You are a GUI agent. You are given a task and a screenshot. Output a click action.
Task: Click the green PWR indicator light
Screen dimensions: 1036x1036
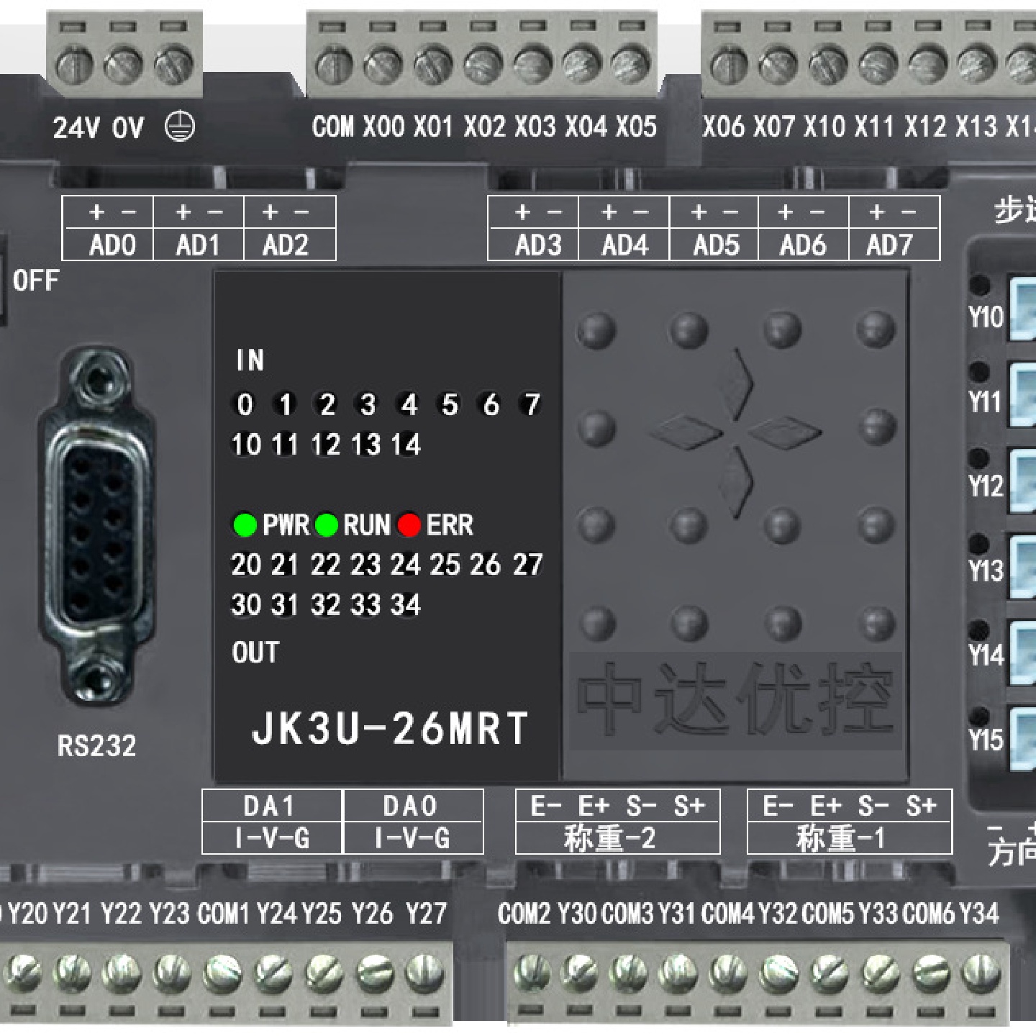pos(245,525)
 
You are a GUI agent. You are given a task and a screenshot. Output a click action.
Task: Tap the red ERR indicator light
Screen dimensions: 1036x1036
pos(409,525)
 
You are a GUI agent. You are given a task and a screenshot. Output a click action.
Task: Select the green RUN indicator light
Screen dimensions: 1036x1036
pos(327,525)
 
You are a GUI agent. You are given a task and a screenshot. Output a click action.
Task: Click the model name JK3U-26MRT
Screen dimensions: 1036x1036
pos(390,728)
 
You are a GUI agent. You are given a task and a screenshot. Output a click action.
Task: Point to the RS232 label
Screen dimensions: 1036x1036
pos(96,746)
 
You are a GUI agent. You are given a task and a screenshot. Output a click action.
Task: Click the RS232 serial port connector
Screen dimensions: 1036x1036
pos(96,525)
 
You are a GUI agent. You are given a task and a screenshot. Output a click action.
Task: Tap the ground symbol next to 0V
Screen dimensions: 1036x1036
pos(179,127)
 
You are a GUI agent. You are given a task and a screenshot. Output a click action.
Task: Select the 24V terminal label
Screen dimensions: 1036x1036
pos(76,128)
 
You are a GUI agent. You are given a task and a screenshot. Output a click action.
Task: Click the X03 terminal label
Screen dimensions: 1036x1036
pos(535,127)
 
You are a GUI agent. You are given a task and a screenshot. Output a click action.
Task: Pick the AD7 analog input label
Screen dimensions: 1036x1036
pos(889,245)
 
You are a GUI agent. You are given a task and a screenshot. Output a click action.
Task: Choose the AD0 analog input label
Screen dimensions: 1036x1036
pos(112,245)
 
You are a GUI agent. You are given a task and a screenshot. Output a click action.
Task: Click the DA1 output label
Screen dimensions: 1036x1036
pos(269,806)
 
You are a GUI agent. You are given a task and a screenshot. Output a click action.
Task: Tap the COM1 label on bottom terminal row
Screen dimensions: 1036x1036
pos(223,914)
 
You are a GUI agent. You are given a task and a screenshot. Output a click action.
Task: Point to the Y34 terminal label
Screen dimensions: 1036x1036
pos(979,914)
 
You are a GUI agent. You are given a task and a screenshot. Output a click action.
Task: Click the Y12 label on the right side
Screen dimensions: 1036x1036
pos(986,486)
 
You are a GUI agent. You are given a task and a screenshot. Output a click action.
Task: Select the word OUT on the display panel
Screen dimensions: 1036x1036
pos(255,653)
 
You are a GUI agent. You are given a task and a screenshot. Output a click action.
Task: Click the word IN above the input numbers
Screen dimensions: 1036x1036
pos(250,360)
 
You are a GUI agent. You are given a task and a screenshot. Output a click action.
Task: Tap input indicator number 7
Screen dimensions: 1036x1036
pos(531,404)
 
